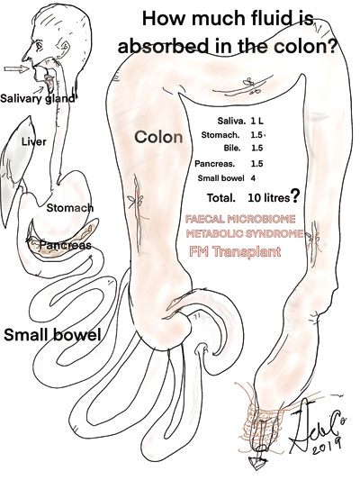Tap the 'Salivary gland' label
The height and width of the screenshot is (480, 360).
point(37,98)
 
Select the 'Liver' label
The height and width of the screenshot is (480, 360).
point(34,141)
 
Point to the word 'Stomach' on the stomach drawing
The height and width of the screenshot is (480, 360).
point(69,208)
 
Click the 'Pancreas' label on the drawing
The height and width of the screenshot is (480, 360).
point(66,245)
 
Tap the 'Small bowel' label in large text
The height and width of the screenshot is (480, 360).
point(52,335)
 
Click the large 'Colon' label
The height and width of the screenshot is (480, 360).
point(158,137)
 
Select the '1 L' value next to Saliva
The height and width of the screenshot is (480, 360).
point(256,121)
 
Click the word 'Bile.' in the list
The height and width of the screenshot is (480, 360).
point(232,149)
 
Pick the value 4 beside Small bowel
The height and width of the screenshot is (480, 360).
point(253,178)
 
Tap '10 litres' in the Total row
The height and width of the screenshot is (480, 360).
point(268,198)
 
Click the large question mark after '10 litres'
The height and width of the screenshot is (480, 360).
point(295,196)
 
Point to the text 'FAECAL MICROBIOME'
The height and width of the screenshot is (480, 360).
point(240,219)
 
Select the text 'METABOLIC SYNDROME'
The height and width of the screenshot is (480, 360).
point(245,234)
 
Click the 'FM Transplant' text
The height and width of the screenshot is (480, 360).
point(235,251)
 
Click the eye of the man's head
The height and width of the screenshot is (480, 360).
point(40,47)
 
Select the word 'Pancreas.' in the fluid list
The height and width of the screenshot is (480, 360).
point(215,164)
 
